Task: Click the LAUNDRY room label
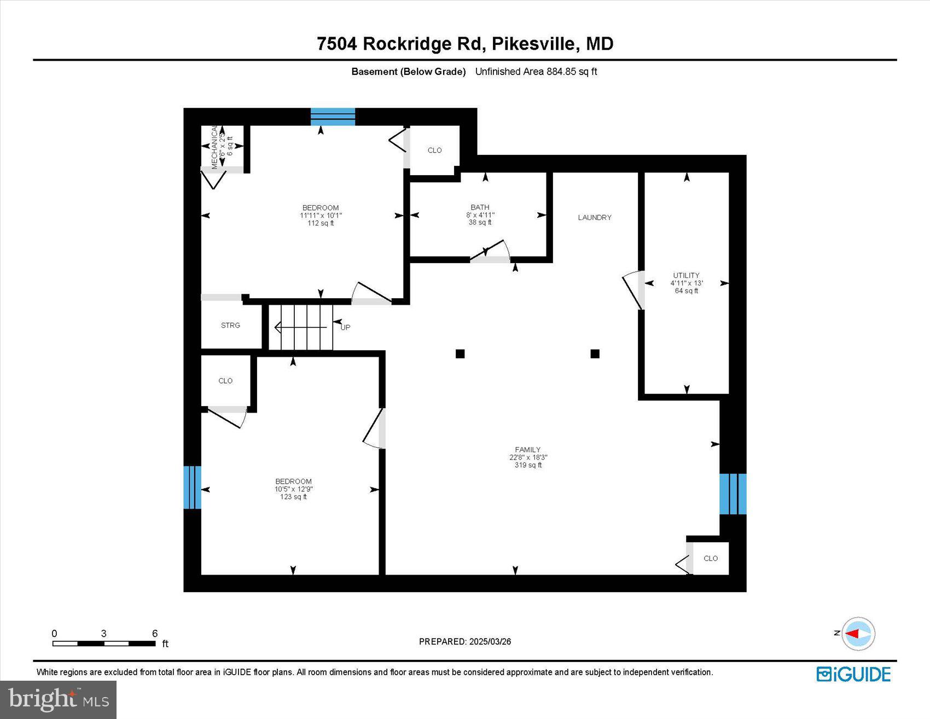coord(594,217)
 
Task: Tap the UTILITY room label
coord(686,275)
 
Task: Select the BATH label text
coord(480,207)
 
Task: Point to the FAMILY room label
coord(527,449)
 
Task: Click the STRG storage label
coord(230,325)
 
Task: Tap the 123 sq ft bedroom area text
coord(293,497)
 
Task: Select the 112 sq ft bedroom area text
coord(321,223)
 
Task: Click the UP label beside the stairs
coord(345,327)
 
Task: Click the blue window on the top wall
coord(333,117)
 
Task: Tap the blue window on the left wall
coord(192,487)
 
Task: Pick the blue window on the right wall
coord(733,494)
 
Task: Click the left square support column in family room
coord(460,353)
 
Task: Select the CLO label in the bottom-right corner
coord(710,558)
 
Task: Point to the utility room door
coord(633,289)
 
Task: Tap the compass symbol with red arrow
coord(858,634)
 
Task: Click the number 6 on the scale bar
coord(155,633)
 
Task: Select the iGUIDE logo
coord(853,674)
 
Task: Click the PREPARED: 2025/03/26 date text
coord(464,641)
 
